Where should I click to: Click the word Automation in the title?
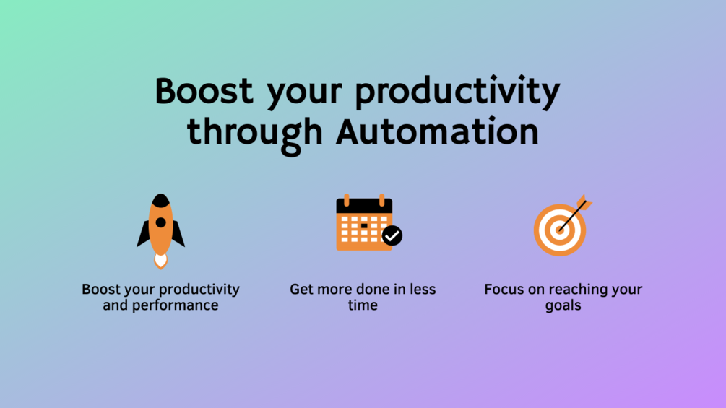point(438,132)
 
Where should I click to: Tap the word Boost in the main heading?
point(204,90)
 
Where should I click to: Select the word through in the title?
point(255,135)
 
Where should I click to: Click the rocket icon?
point(160,231)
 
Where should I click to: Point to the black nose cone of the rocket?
point(160,200)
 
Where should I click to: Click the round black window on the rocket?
point(160,222)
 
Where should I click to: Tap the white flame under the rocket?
point(160,261)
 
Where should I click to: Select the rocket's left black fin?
point(144,234)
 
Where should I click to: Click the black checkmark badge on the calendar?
point(392,235)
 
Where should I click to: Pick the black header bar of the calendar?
point(364,206)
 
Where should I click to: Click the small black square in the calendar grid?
point(364,226)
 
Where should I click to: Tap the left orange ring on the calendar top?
point(346,200)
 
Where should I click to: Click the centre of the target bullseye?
point(560,230)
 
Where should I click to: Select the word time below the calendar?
point(363,305)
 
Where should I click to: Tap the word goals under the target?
point(563,306)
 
